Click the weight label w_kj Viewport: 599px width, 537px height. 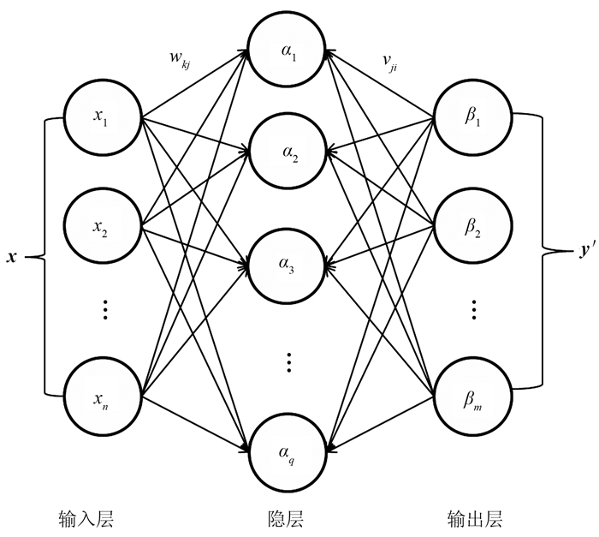point(181,62)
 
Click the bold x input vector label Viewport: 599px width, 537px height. point(12,256)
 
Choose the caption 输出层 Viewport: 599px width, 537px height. point(474,519)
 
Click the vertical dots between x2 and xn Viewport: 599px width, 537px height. point(104,309)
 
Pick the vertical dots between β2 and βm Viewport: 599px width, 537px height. point(474,309)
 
